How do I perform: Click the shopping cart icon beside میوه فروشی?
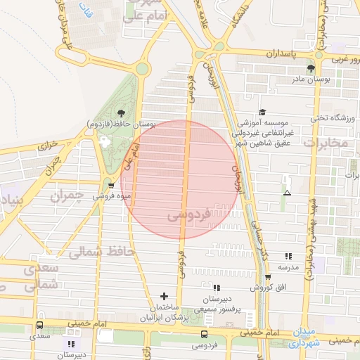111,186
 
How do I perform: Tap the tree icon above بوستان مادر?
311,68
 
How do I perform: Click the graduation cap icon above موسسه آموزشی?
262,112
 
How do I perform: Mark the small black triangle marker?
286,192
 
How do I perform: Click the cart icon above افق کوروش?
268,276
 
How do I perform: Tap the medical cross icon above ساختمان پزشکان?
165,296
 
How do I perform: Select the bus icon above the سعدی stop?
39,326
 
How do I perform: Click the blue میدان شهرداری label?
304,337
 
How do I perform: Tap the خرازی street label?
44,146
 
